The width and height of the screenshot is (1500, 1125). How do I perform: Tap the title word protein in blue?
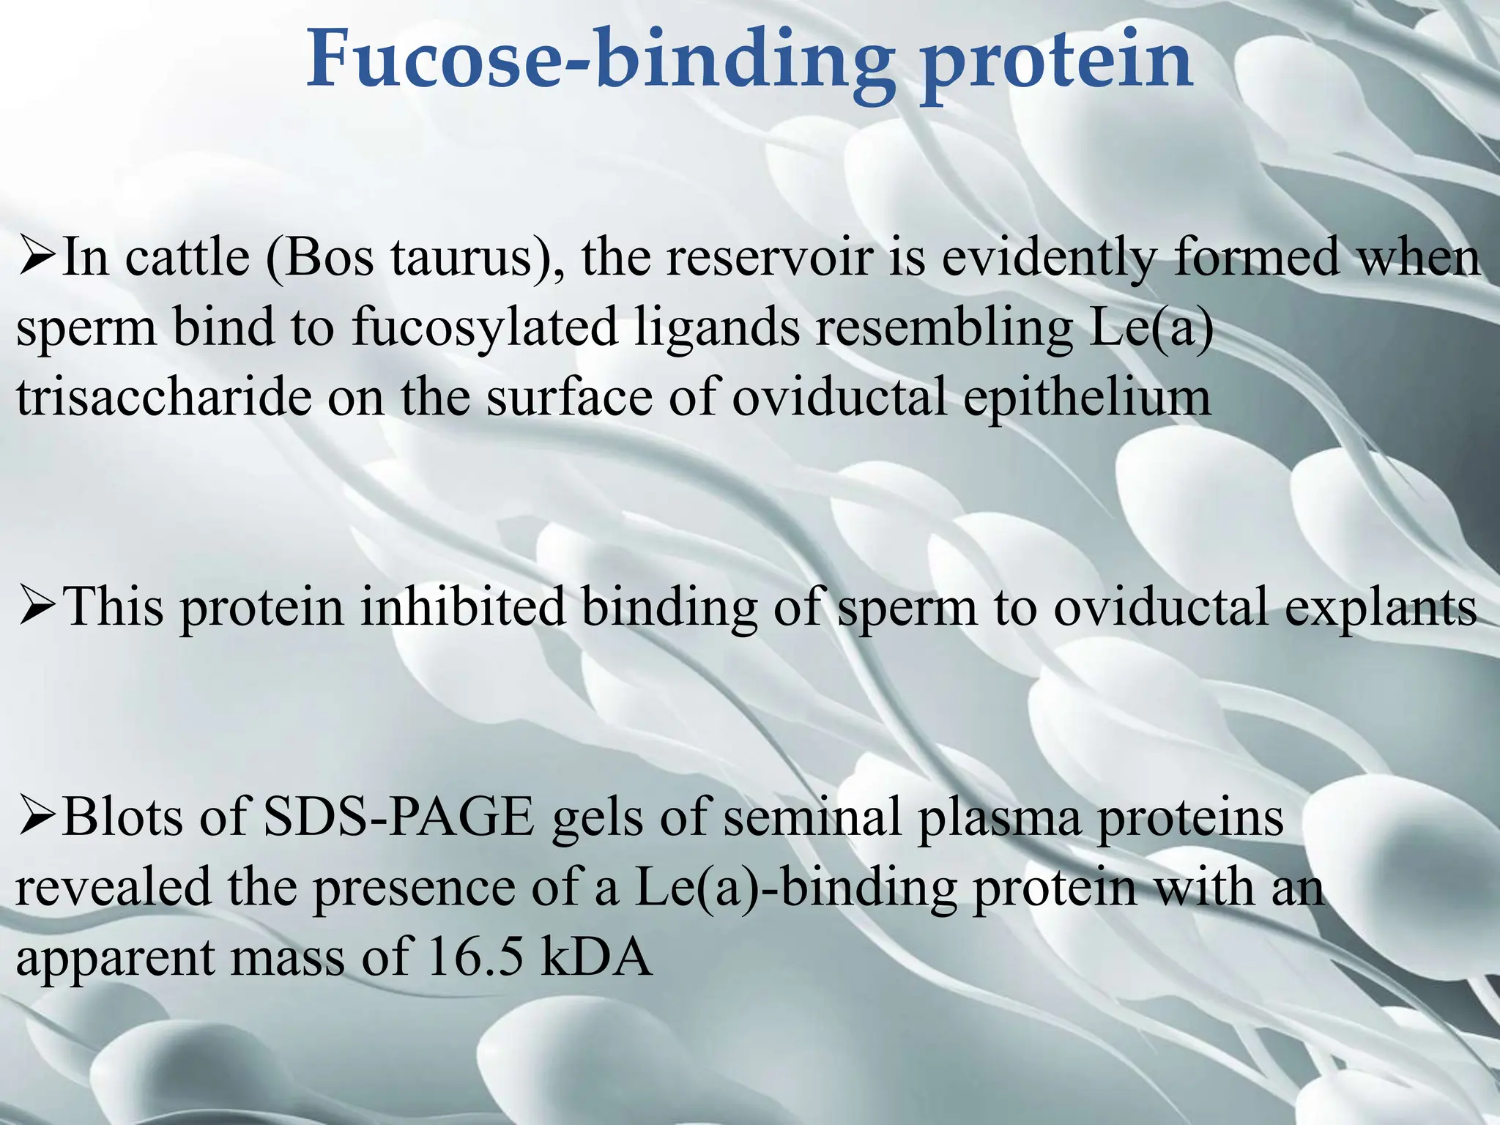[1057, 60]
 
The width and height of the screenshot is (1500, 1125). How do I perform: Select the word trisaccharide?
[161, 398]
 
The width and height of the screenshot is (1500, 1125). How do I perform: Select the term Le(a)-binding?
[795, 888]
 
